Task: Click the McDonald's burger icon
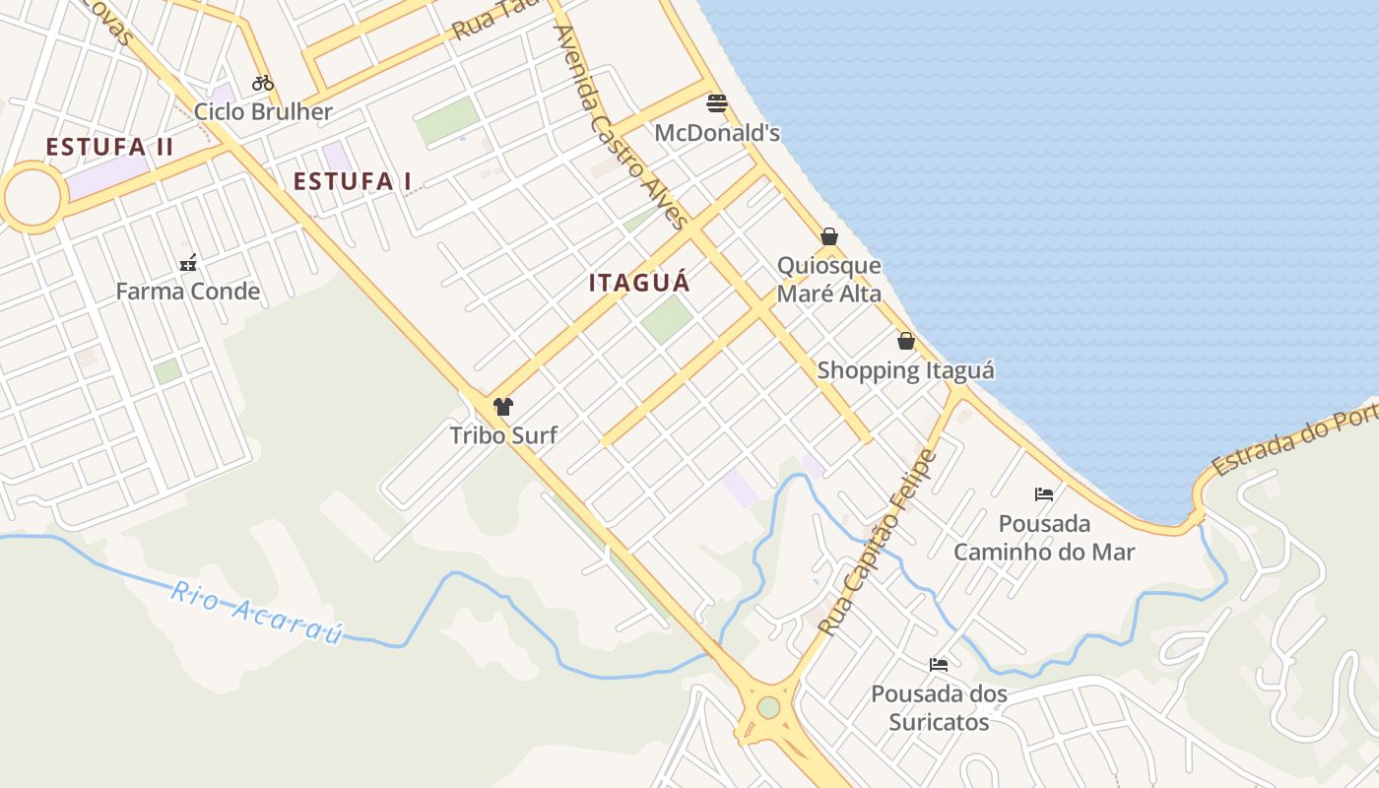pos(717,103)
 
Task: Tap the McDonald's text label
pos(717,133)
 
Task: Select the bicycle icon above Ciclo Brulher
pos(263,83)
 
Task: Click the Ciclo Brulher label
pos(263,111)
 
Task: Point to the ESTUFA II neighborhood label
pos(109,148)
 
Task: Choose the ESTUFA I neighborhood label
pos(353,181)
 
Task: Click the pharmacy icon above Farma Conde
pos(188,263)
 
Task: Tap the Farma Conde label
pos(188,292)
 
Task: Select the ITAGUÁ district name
pos(639,283)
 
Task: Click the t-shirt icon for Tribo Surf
pos(503,406)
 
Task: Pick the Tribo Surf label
pos(503,434)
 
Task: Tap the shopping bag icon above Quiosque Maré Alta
pos(829,236)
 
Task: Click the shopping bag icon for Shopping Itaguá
pos(906,341)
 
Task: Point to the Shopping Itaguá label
pos(906,370)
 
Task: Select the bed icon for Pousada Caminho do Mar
pos(1044,493)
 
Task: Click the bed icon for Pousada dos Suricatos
pos(939,665)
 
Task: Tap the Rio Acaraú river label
pos(256,612)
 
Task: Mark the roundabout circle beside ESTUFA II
pos(33,198)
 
